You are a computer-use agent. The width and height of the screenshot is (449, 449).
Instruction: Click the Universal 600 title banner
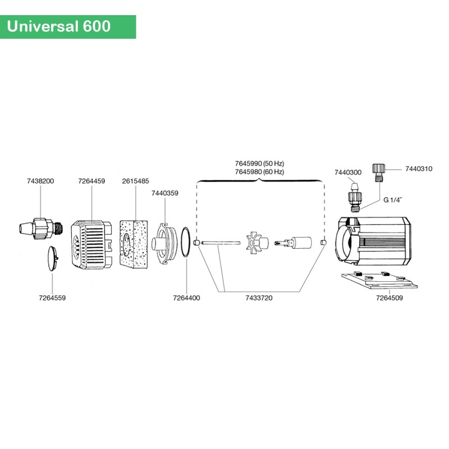(x=68, y=26)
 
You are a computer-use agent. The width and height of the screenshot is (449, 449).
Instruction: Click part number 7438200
(x=40, y=181)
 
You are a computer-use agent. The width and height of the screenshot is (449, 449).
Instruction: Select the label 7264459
(x=91, y=181)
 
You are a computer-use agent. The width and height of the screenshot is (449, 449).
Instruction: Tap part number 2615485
(x=135, y=181)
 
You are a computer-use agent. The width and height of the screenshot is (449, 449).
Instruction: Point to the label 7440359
(x=165, y=193)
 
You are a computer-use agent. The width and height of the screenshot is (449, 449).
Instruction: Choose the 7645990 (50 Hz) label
(x=259, y=163)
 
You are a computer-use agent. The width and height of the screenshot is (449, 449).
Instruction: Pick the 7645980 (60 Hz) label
(x=259, y=171)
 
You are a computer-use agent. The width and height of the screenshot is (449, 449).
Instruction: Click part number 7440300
(x=348, y=172)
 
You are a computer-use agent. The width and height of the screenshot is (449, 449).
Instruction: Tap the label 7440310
(x=419, y=168)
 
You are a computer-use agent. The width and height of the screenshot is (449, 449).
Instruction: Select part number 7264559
(x=52, y=298)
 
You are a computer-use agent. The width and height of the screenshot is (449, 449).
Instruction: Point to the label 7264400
(x=186, y=298)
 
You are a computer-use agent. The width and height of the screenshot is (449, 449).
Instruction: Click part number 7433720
(x=259, y=298)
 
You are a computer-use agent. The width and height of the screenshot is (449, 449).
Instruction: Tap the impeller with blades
(x=255, y=242)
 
